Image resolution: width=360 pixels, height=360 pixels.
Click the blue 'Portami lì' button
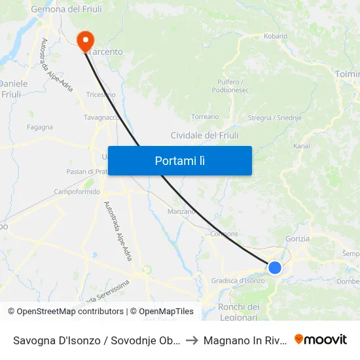[179, 160]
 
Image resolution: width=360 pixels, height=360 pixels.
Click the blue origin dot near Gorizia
[275, 267]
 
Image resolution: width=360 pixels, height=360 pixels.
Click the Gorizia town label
[298, 239]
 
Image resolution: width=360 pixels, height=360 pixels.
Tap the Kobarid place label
[275, 37]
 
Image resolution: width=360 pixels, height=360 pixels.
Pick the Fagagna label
[40, 127]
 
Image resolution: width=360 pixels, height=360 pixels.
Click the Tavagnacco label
[101, 118]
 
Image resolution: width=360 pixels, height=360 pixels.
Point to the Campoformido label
[77, 192]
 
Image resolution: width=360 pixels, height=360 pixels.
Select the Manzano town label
[181, 211]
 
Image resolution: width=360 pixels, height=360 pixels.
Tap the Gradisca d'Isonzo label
[238, 281]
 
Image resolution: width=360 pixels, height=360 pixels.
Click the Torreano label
[205, 117]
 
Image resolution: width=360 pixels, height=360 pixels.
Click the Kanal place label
[302, 146]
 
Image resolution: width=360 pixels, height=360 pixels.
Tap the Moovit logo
[321, 340]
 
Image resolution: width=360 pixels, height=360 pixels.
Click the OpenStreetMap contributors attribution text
[67, 312]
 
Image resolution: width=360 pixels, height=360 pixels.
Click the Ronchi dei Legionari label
[239, 312]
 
